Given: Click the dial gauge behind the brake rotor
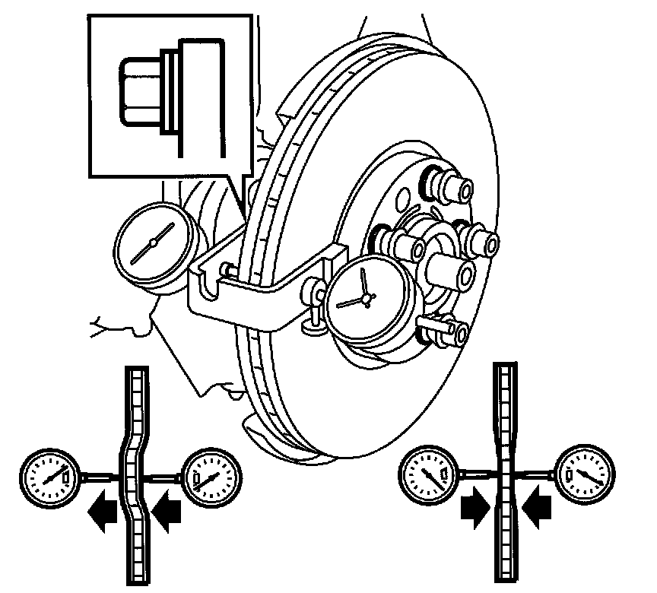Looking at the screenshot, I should click(x=153, y=243).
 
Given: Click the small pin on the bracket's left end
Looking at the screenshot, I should click(x=226, y=269).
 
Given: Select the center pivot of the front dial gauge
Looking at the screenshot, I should click(x=367, y=299).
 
